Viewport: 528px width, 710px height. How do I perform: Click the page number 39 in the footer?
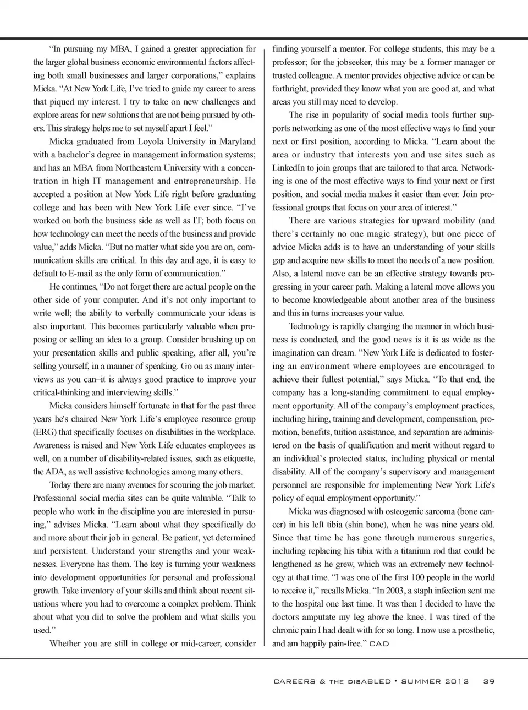pyautogui.click(x=489, y=681)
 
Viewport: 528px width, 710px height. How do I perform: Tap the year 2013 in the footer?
pyautogui.click(x=454, y=681)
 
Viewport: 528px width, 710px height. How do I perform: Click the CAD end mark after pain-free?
pyautogui.click(x=379, y=644)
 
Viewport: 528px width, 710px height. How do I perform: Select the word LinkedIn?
pyautogui.click(x=290, y=168)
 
